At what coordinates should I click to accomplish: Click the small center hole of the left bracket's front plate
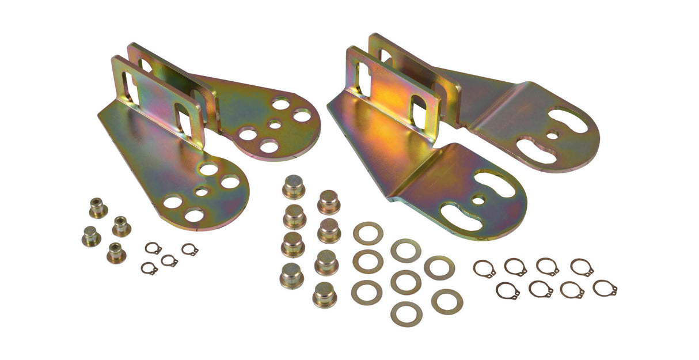(201, 192)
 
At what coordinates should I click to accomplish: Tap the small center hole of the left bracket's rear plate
(275, 124)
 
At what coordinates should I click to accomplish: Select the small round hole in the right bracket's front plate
(478, 200)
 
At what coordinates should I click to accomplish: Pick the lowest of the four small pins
(116, 252)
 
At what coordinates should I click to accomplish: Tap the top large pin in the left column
(294, 187)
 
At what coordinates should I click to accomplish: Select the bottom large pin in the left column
(291, 275)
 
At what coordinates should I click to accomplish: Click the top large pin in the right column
(329, 202)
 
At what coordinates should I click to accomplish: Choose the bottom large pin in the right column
(325, 294)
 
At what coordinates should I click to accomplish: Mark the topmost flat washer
(368, 233)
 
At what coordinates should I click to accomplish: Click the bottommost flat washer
(406, 313)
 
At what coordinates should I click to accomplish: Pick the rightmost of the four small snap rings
(189, 249)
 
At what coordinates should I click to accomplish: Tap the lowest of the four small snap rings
(149, 268)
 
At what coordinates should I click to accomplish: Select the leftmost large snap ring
(484, 268)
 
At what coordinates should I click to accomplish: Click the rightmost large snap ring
(605, 288)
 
